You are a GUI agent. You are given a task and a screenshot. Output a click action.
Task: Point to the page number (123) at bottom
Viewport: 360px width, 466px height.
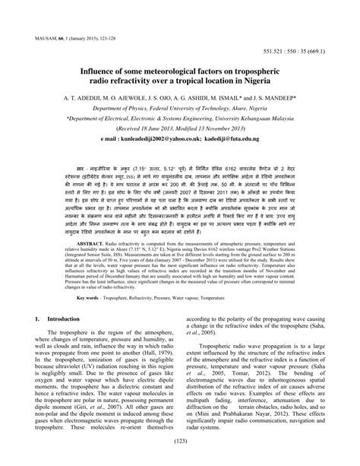click(179, 441)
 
